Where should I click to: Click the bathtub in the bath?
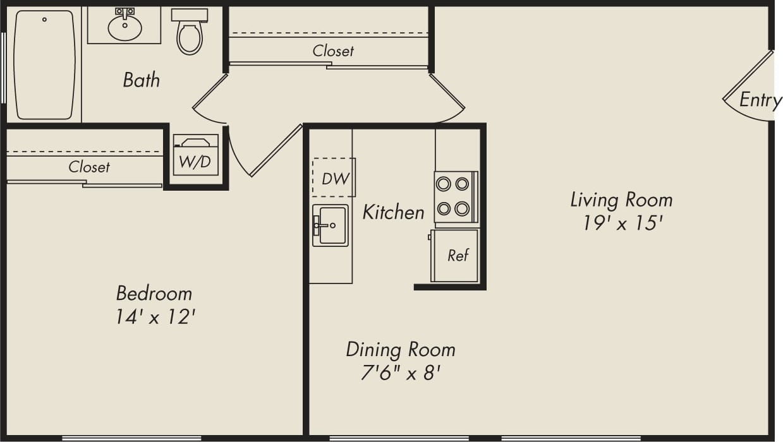tap(44, 66)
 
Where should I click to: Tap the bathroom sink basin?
tap(124, 27)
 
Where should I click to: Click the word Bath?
tap(141, 80)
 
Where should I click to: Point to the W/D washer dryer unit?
tap(195, 155)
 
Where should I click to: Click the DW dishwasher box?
tap(334, 178)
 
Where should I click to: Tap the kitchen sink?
tap(331, 225)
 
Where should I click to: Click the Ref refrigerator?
tap(458, 255)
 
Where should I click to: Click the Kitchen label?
tap(393, 212)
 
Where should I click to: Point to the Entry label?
tap(760, 100)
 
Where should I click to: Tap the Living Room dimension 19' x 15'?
tap(622, 224)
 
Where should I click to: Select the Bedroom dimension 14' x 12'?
tap(154, 317)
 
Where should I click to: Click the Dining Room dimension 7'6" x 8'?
tap(400, 373)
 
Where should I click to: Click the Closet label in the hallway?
tap(333, 51)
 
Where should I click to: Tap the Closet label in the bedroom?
tap(89, 167)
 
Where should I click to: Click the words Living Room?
tap(621, 200)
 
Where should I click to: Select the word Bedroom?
tap(154, 293)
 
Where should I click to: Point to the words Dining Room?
tap(400, 349)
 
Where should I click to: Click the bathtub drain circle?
tap(44, 20)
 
